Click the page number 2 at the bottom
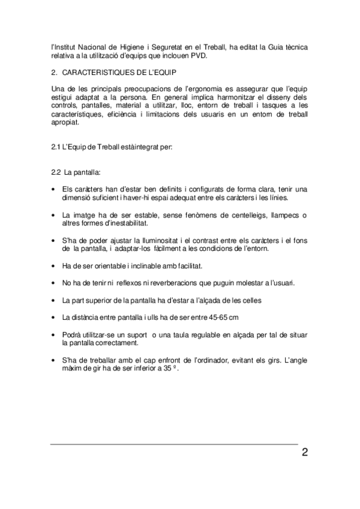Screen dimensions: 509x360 (305, 452)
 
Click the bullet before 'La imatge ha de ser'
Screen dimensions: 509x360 (55, 215)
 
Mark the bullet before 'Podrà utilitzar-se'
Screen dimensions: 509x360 (55, 334)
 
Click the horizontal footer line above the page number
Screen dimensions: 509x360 (174, 444)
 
